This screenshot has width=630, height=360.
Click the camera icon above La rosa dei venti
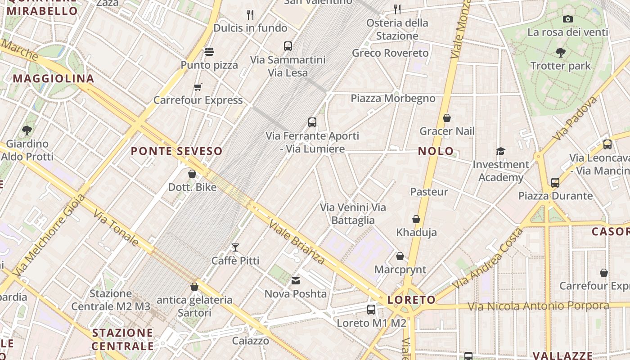point(568,19)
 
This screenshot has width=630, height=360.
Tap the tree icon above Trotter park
point(561,53)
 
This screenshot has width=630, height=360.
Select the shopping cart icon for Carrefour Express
point(198,87)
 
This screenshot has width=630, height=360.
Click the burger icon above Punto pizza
point(209,51)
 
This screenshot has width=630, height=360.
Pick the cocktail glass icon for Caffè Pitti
point(235,247)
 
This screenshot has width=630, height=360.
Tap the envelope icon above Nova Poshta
point(296,281)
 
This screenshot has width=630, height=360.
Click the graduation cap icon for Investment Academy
point(500,151)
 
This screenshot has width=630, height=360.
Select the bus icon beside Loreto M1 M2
point(371,310)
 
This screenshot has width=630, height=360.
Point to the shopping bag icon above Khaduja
point(416,219)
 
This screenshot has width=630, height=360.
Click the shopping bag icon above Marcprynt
point(400,256)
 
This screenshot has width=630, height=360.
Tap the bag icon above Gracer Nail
point(447,118)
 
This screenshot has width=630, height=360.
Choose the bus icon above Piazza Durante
point(555,183)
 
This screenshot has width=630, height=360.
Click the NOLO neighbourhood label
point(436,151)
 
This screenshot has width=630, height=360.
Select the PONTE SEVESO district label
point(176,151)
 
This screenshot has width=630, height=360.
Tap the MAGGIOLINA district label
point(53,79)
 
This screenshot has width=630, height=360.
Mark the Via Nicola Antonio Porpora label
point(538,306)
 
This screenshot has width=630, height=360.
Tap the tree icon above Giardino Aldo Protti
point(27,130)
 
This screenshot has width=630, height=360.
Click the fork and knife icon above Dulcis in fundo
point(250,15)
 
